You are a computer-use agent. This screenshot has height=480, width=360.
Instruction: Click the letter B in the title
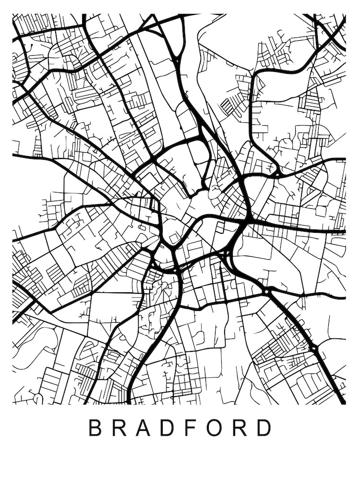point(96,428)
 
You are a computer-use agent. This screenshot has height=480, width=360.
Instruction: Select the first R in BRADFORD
point(120,428)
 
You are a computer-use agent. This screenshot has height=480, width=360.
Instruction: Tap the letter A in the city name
point(143,428)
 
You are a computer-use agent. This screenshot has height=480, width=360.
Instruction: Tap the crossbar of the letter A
point(143,431)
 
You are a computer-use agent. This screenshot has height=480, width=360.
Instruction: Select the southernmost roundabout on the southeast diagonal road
point(312,347)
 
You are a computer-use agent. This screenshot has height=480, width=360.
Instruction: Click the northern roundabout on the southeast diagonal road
point(266,291)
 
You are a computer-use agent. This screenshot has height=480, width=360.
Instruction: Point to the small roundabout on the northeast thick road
point(277,173)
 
